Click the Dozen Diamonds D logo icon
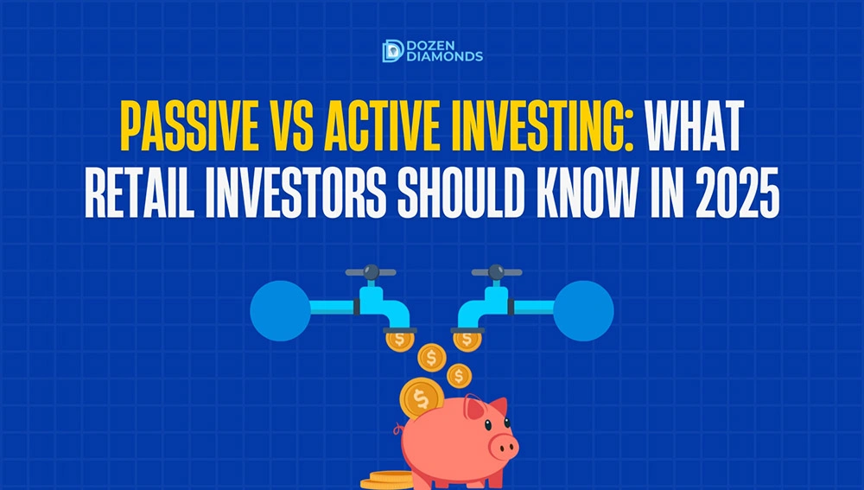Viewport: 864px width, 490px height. point(393,51)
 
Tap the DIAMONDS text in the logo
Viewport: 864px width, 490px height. point(444,56)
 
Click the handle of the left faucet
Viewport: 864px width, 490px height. point(371,271)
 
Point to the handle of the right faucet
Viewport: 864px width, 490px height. point(497,271)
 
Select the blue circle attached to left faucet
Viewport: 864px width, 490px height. point(281,311)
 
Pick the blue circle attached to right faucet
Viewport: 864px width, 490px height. point(583,311)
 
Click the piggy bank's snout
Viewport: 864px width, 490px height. point(503,445)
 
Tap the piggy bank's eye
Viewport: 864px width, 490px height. point(487,425)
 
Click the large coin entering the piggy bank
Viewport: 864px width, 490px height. point(422,398)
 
